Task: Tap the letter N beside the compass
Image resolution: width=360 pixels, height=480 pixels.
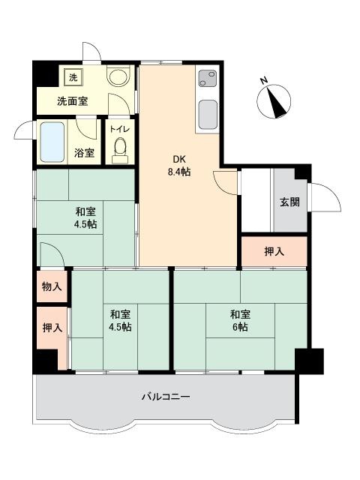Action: (264, 80)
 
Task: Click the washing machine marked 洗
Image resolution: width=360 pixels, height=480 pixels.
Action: (73, 77)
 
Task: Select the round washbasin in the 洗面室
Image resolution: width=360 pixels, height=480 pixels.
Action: (118, 77)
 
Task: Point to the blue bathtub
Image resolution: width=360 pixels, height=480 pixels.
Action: (52, 142)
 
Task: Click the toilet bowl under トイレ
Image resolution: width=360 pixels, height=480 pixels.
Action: (120, 149)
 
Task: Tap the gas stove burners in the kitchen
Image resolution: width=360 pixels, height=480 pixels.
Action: (208, 78)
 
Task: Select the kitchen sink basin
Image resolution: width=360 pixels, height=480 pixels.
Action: (208, 115)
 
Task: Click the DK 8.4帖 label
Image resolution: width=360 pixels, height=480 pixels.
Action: (178, 166)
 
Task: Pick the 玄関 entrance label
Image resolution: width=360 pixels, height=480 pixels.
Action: (289, 202)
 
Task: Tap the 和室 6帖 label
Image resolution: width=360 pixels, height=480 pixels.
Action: (240, 321)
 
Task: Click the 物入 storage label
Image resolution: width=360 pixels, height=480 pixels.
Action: (52, 286)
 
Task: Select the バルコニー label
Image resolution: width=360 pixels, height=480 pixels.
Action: (166, 397)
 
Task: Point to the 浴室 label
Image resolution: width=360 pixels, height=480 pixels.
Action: (84, 153)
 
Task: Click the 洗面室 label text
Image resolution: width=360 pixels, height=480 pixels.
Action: (73, 101)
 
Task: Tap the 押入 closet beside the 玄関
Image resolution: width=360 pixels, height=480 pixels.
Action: (274, 251)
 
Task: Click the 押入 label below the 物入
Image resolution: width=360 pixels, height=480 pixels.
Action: (52, 328)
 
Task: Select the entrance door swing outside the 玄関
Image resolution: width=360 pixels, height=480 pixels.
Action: (325, 196)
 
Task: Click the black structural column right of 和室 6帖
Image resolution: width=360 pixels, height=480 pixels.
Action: (309, 361)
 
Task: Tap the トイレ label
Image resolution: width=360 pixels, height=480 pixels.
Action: (120, 129)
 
